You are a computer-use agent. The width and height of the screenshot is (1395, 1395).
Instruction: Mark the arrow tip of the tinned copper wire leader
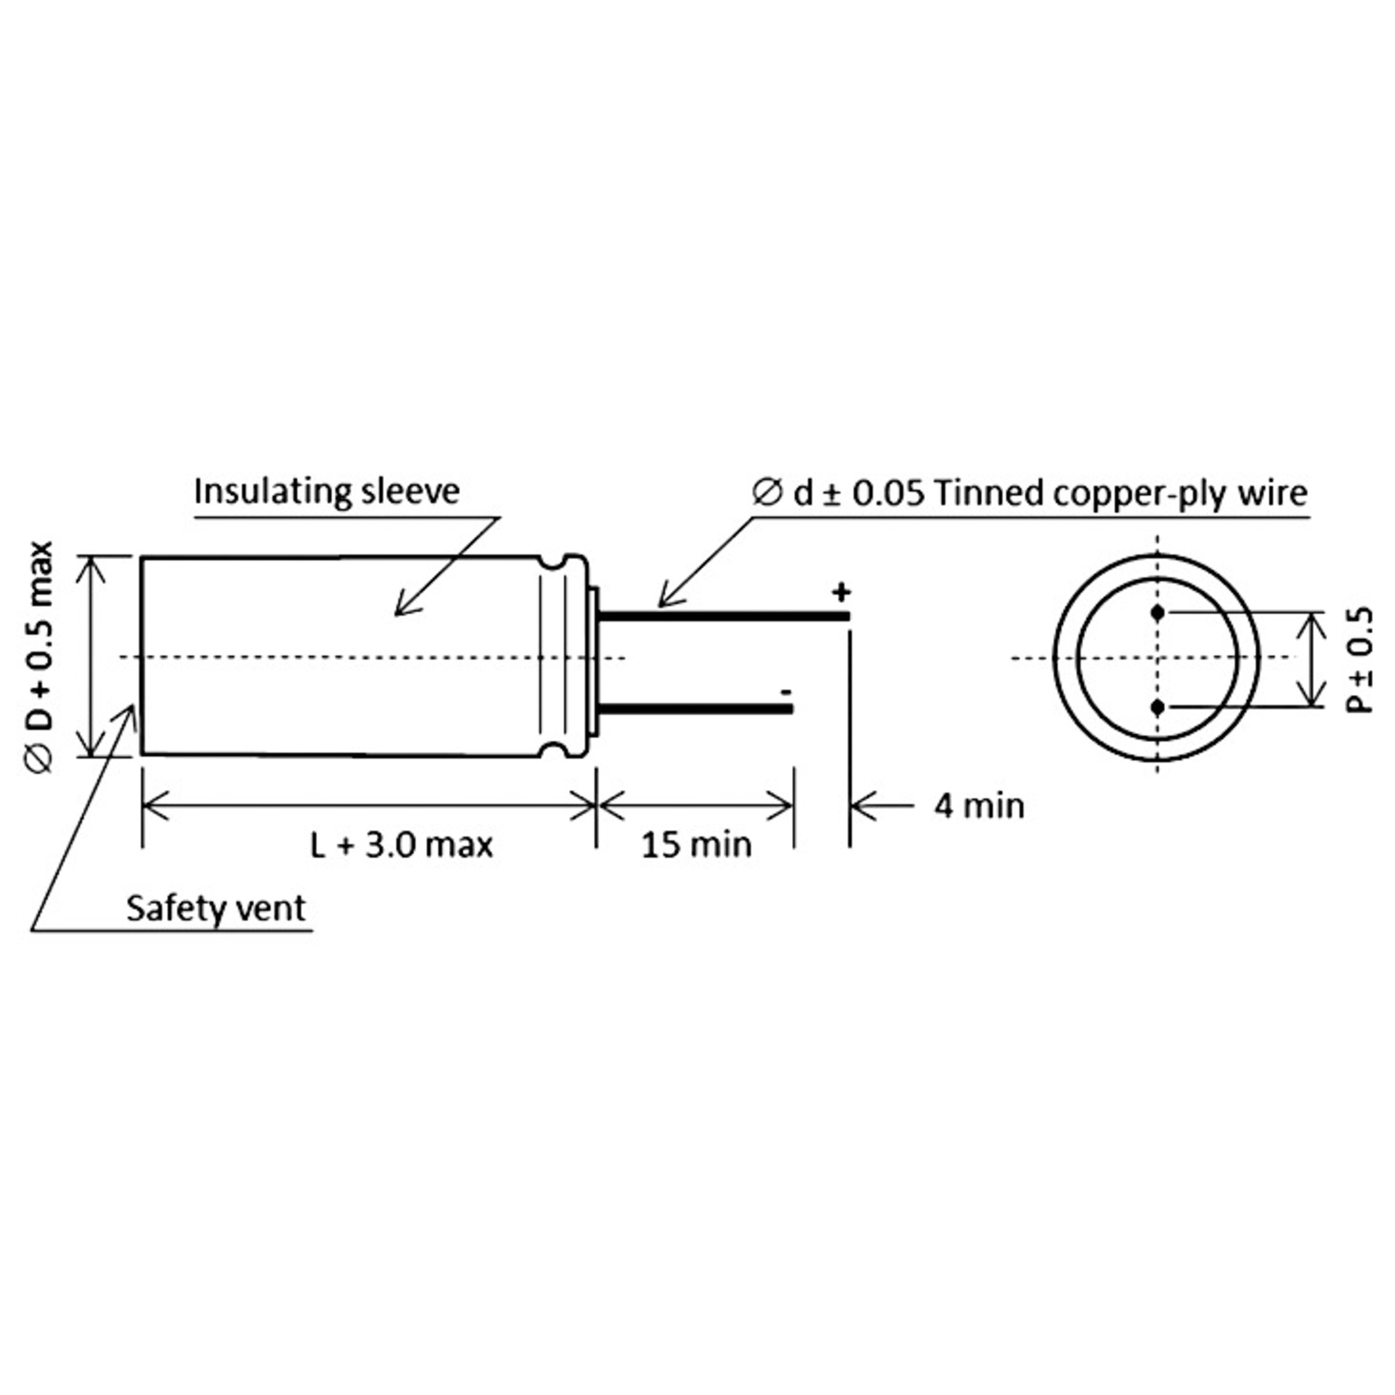[x=659, y=606]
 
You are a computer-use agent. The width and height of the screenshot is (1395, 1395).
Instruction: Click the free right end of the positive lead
[x=849, y=615]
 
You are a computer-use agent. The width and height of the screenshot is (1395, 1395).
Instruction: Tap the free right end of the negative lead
[x=793, y=709]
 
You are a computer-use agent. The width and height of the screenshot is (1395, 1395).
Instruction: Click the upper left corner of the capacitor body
[x=141, y=557]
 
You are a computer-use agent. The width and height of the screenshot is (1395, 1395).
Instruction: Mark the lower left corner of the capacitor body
[x=141, y=754]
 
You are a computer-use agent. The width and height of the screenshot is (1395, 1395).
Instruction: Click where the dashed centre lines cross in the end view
[x=1157, y=657]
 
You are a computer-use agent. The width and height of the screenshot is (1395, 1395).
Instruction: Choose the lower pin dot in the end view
[x=1157, y=707]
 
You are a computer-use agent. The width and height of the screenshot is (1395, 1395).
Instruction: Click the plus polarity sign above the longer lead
[x=841, y=592]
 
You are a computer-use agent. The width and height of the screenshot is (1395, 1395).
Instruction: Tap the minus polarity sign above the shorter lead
[x=786, y=692]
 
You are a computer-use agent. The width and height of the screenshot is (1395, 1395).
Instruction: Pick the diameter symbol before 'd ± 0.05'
[x=767, y=492]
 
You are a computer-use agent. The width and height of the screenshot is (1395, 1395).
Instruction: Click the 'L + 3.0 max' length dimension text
[x=402, y=844]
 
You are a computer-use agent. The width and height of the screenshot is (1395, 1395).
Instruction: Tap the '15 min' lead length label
[x=697, y=844]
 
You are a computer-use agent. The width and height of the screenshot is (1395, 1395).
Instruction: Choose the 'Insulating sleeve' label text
[x=327, y=491]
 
